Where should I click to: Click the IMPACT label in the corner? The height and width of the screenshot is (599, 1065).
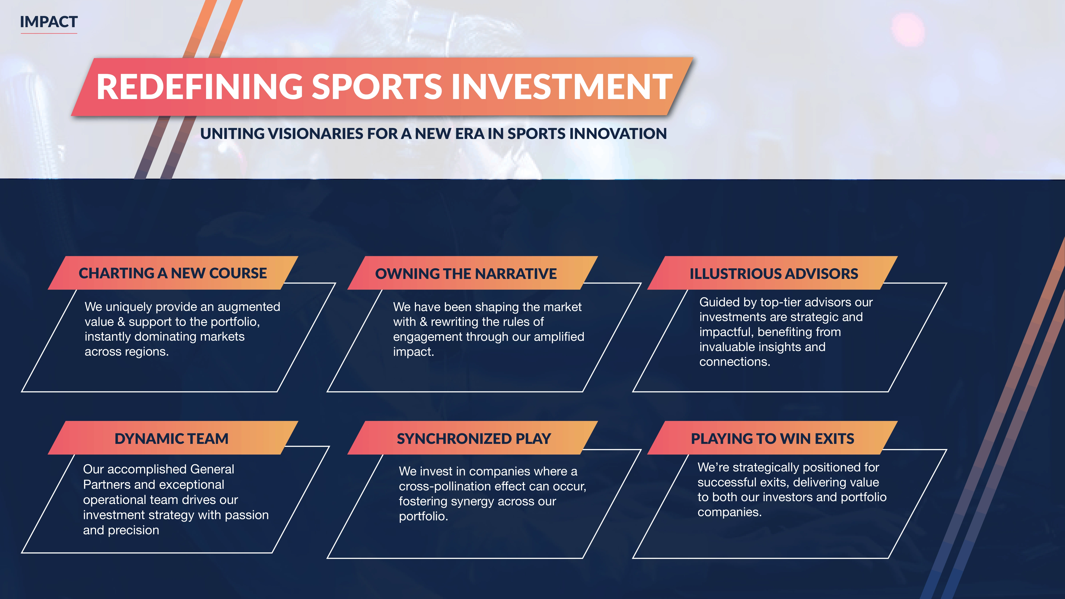pyautogui.click(x=49, y=22)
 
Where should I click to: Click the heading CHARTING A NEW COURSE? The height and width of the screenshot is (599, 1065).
pyautogui.click(x=173, y=273)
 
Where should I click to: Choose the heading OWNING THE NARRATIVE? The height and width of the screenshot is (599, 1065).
pyautogui.click(x=466, y=274)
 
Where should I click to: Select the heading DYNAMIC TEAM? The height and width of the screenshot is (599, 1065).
pyautogui.click(x=171, y=438)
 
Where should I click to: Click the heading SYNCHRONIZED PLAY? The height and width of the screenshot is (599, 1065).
pyautogui.click(x=474, y=438)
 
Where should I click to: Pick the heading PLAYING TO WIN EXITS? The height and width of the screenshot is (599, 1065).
pyautogui.click(x=772, y=438)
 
